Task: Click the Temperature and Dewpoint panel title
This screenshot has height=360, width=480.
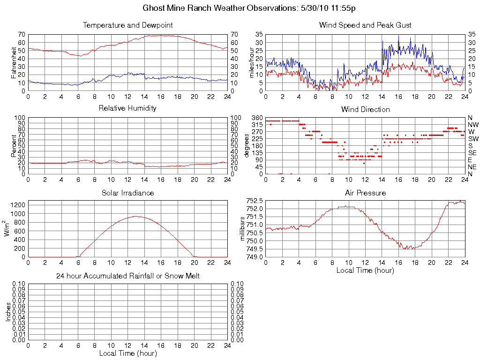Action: [127, 25]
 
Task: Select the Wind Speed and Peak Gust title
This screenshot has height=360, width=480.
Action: [365, 25]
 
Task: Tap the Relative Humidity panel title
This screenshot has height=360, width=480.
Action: [127, 108]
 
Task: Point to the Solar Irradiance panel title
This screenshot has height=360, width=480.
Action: [127, 193]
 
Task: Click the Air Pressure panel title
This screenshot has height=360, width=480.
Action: [365, 193]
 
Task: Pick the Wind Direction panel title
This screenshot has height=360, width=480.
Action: [365, 109]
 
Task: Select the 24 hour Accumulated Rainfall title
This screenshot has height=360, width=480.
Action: [127, 276]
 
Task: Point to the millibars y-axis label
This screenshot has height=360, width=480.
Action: [243, 229]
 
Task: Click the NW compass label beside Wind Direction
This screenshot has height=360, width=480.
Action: [472, 125]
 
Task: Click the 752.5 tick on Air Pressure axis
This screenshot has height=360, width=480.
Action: [254, 201]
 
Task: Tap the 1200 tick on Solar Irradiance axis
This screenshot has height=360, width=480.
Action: [18, 205]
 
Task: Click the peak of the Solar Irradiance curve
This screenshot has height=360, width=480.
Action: [135, 216]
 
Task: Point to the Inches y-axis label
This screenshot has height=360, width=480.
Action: [8, 312]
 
